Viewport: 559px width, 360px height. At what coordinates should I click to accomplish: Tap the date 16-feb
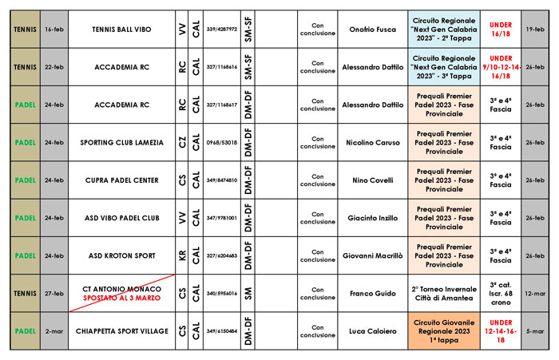point(54,29)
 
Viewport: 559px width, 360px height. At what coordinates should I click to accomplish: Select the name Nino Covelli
point(372,180)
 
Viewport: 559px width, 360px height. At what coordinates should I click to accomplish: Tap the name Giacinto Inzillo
point(372,218)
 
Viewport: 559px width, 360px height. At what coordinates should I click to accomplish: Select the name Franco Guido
point(372,294)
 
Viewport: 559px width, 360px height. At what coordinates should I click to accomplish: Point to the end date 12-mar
point(535,294)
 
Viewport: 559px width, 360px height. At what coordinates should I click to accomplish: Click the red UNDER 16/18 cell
point(501,29)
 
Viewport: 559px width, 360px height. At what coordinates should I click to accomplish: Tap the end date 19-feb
point(535,29)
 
